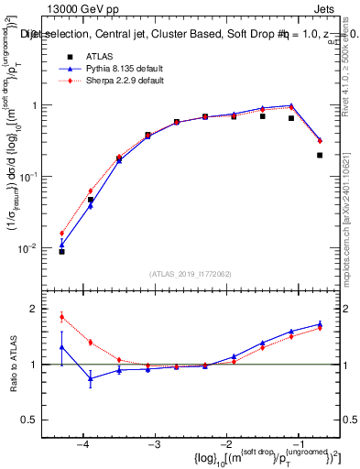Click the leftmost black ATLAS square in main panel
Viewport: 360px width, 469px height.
[61, 251]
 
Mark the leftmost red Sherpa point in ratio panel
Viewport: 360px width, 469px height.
[61, 317]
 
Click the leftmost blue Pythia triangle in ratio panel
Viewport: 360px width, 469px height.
[61, 347]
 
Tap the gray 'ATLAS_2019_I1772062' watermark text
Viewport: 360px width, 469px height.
[191, 274]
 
